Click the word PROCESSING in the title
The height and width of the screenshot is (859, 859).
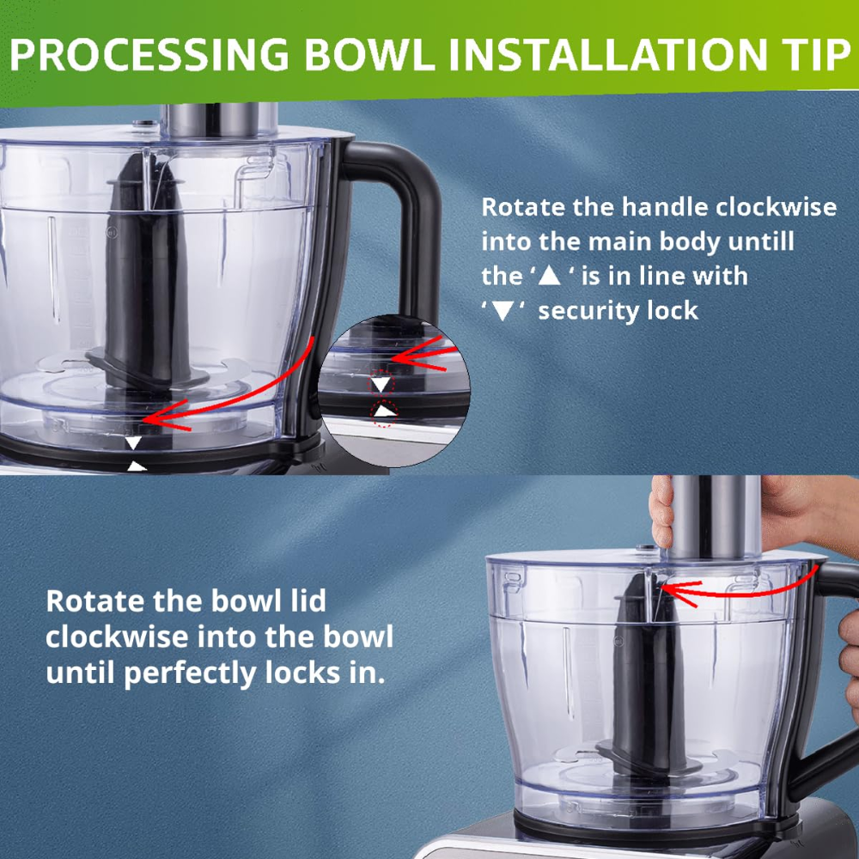tap(149, 54)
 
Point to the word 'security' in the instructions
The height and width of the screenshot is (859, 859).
tap(585, 311)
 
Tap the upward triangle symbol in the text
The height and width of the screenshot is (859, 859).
tap(550, 276)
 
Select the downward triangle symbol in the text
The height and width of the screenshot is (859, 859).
tap(503, 311)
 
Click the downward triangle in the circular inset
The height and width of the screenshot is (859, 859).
tap(381, 383)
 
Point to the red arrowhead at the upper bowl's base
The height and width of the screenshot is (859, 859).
tap(161, 418)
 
